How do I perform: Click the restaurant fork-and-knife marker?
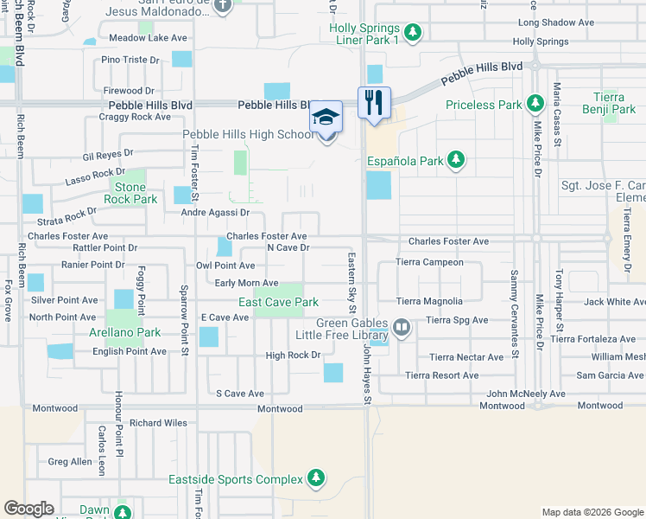click(x=374, y=102)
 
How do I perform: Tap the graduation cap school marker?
click(x=326, y=116)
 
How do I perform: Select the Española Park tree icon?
click(x=455, y=160)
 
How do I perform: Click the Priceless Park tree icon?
click(x=535, y=105)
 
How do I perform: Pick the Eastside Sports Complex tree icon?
click(x=316, y=478)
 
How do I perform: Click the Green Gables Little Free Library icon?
click(x=401, y=329)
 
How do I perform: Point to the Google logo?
click(x=28, y=509)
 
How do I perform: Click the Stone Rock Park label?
click(x=130, y=193)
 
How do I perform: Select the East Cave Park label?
click(x=278, y=302)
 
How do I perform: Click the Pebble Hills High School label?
click(x=248, y=135)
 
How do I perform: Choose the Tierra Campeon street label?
click(x=429, y=262)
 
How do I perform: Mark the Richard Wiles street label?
click(x=158, y=424)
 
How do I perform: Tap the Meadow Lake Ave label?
click(x=148, y=38)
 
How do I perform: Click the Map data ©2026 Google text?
click(x=592, y=512)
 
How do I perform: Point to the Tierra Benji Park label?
click(x=615, y=103)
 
